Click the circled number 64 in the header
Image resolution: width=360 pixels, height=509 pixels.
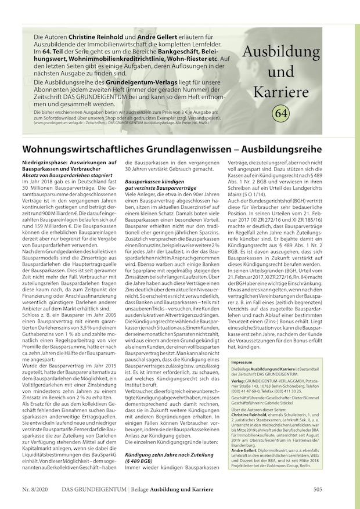[281, 112]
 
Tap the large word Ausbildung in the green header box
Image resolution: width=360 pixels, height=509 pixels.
[281, 52]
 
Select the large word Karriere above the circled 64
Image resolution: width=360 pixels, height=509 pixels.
[281, 91]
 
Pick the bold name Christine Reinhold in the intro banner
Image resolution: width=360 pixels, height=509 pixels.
[98, 37]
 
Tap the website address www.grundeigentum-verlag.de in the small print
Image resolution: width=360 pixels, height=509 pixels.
[62, 124]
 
